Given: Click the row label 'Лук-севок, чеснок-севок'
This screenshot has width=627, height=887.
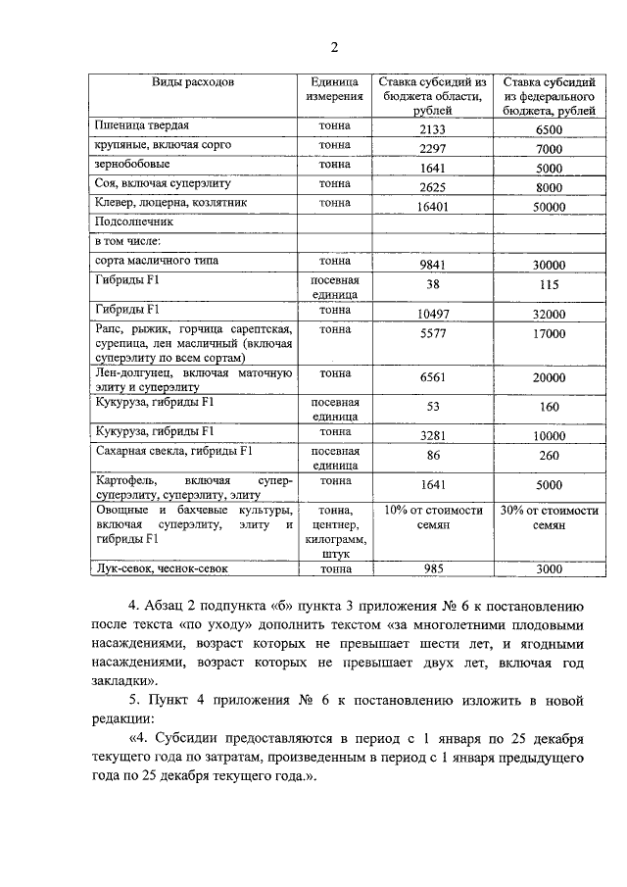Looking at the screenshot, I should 163,567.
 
